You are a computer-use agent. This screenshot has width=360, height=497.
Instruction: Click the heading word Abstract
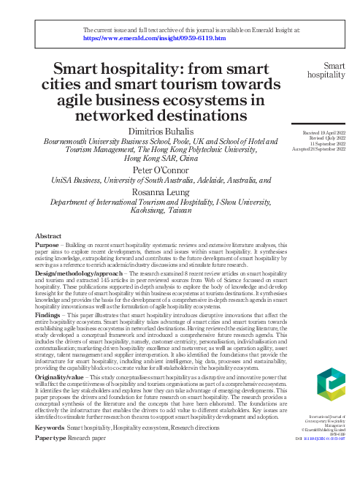48,236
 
